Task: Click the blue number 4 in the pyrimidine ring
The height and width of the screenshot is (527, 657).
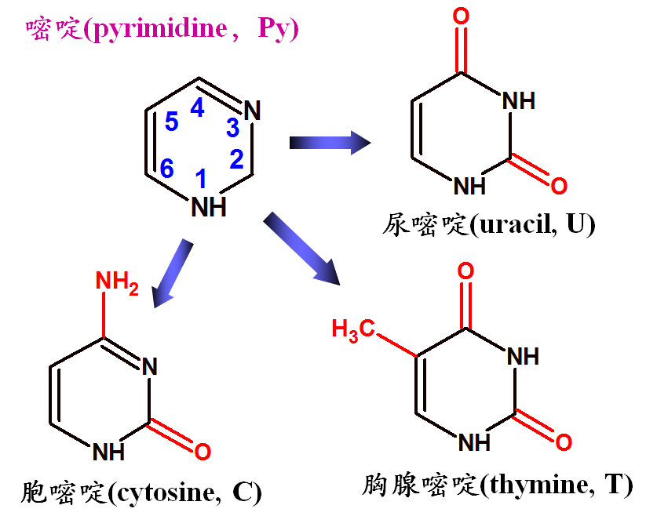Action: pyautogui.click(x=197, y=107)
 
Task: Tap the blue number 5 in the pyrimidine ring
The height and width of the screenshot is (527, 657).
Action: pyautogui.click(x=171, y=122)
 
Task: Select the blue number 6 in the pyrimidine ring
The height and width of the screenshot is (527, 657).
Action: pyautogui.click(x=166, y=169)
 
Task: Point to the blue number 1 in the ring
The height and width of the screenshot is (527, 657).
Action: pyautogui.click(x=201, y=178)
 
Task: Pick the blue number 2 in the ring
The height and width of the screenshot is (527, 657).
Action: pyautogui.click(x=237, y=159)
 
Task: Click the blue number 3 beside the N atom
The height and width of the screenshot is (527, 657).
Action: pyautogui.click(x=232, y=127)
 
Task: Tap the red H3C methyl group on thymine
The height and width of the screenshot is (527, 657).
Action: pyautogui.click(x=353, y=330)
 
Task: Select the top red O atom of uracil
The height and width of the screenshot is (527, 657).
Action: pyautogui.click(x=461, y=16)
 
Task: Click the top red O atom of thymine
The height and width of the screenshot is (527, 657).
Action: pyautogui.click(x=465, y=271)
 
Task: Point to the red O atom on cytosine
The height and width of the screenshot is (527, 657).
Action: pyautogui.click(x=203, y=452)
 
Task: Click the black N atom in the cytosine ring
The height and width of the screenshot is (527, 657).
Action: pyautogui.click(x=150, y=367)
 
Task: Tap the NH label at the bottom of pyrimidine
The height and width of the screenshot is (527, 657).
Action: pyautogui.click(x=209, y=207)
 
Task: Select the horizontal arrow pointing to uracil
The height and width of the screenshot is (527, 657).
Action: pyautogui.click(x=330, y=143)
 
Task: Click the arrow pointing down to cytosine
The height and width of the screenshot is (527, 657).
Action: pyautogui.click(x=172, y=274)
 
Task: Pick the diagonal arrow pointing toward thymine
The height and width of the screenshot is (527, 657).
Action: pyautogui.click(x=301, y=249)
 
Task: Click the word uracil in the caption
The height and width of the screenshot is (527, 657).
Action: pyautogui.click(x=516, y=224)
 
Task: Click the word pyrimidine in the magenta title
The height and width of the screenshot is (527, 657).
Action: pyautogui.click(x=159, y=28)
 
